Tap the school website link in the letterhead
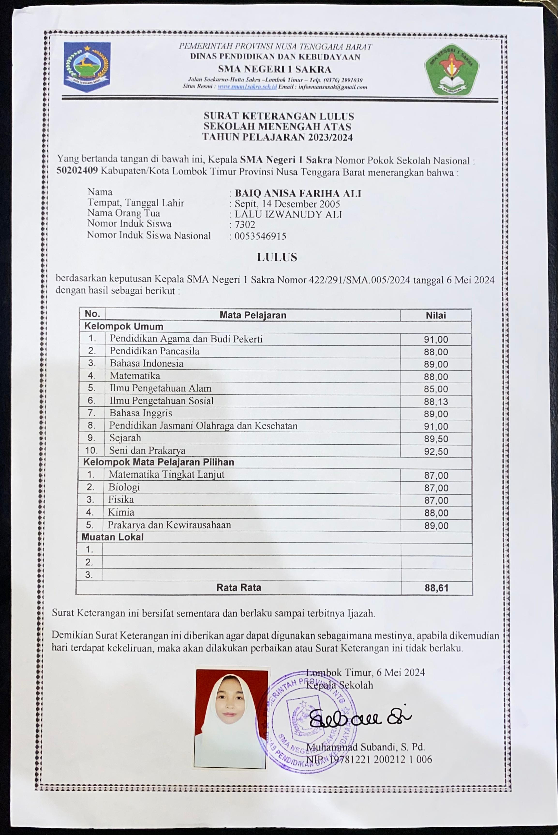(247, 87)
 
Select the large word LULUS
(277, 257)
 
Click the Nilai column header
(436, 315)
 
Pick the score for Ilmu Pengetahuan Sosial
(436, 402)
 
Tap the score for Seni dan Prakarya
(436, 451)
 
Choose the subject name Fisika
(121, 500)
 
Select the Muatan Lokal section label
(112, 537)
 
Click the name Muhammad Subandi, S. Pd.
(365, 747)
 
